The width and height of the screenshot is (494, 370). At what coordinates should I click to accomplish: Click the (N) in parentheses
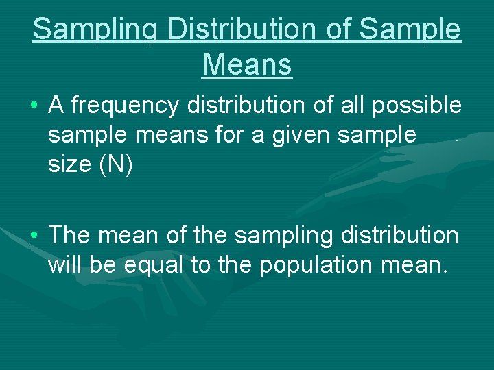click(x=119, y=164)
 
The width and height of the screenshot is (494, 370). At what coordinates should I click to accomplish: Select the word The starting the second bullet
click(x=71, y=236)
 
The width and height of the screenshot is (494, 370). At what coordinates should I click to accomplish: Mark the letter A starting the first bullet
click(x=56, y=106)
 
